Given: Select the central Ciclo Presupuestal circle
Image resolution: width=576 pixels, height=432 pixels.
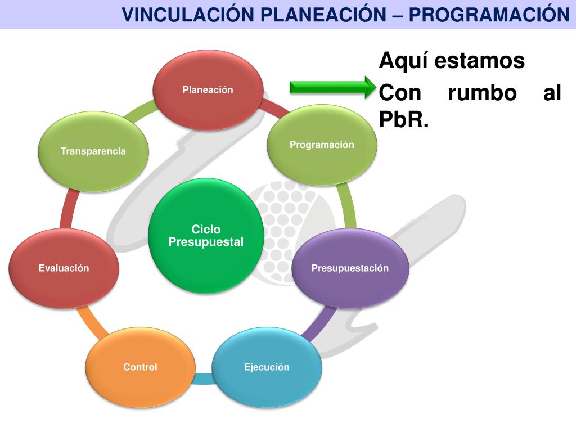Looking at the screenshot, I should tap(206, 236).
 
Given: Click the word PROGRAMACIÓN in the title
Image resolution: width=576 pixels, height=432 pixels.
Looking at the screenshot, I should tap(489, 14).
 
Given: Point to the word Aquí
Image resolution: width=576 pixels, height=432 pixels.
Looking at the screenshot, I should tap(401, 60).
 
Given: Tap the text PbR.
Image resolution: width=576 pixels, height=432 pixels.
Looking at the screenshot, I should tap(404, 120).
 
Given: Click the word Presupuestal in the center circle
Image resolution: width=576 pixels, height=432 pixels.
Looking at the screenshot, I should tap(206, 242).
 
